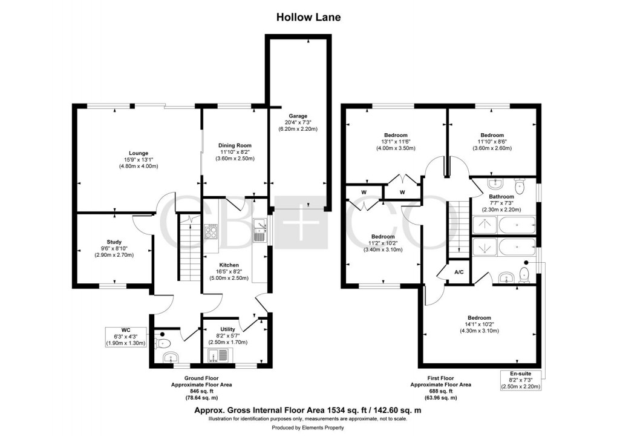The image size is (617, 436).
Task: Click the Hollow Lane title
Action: [x=308, y=17]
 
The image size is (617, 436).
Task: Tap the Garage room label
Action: [x=298, y=116]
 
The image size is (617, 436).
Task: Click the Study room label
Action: [x=114, y=242]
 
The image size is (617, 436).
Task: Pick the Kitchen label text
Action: [x=229, y=265]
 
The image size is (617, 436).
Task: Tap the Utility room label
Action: [x=227, y=329]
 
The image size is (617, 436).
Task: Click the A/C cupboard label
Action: [x=459, y=272]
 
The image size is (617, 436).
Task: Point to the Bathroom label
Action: [x=501, y=197]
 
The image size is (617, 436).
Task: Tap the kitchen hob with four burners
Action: [x=212, y=231]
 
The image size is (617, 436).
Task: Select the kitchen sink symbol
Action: [x=261, y=230]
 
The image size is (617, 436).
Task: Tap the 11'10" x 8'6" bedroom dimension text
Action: [x=492, y=142]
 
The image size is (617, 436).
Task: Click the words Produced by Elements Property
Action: [x=308, y=428]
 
